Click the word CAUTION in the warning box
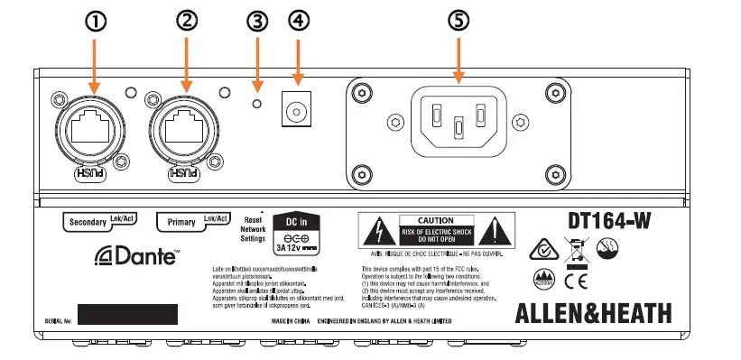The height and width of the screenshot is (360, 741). tap(428, 220)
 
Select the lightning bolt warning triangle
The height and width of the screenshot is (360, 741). tap(373, 233)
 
